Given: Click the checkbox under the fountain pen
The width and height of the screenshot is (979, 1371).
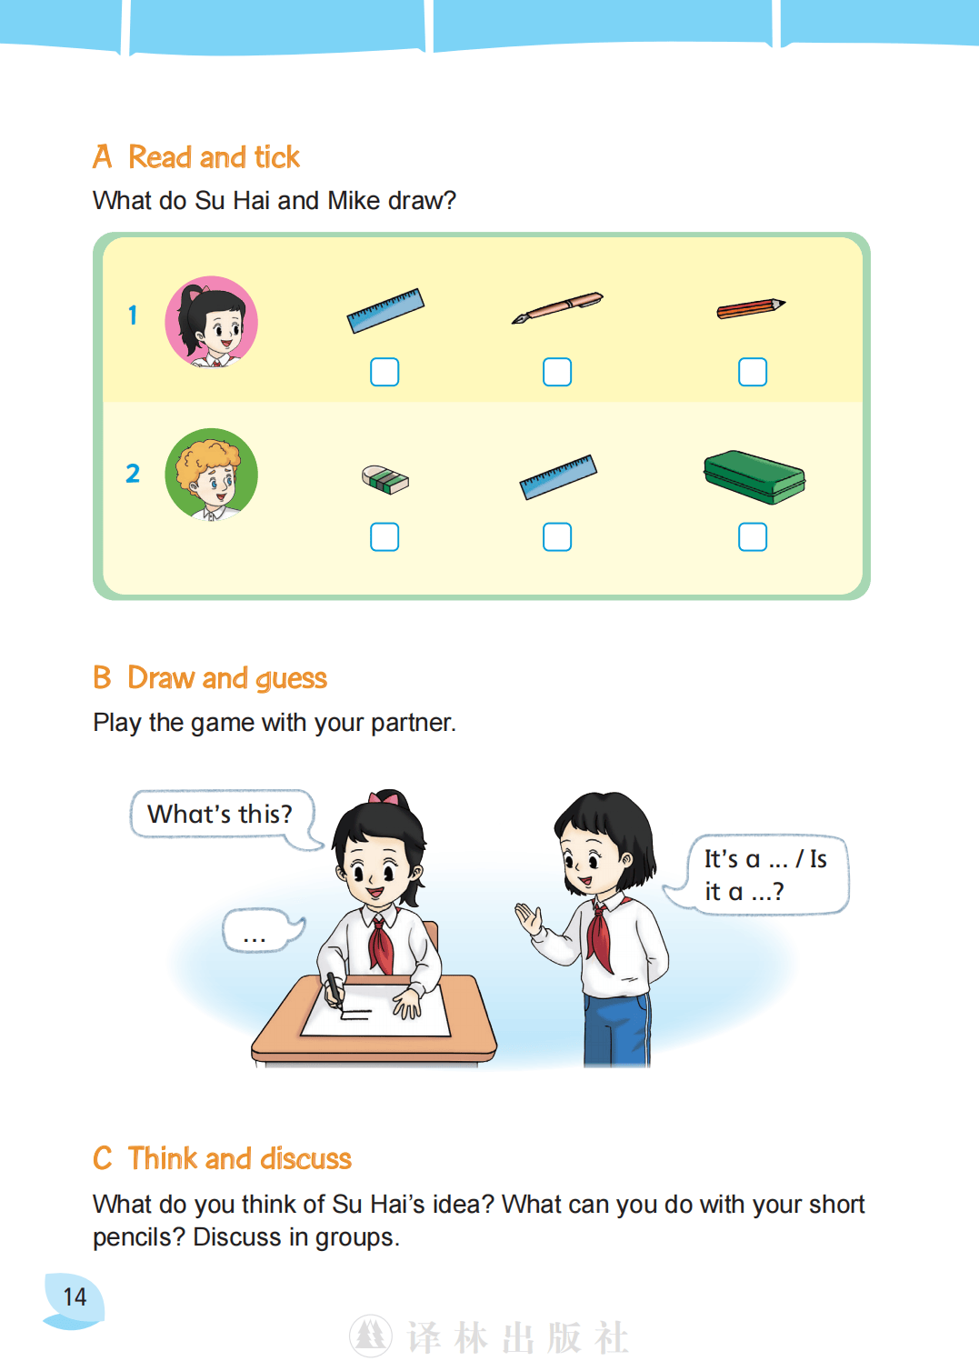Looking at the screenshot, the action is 557,372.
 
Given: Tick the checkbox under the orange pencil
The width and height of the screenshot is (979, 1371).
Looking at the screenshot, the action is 752,372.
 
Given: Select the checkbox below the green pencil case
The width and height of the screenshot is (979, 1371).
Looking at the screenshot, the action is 752,536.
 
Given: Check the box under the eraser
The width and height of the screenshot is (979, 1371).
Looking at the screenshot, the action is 385,536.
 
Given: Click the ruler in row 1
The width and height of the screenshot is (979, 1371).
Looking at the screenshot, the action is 385,310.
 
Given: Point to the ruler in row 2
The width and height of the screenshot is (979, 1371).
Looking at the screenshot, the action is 558,476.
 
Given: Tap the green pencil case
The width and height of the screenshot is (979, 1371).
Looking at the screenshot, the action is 754,477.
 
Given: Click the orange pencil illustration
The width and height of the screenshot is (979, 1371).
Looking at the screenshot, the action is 751,308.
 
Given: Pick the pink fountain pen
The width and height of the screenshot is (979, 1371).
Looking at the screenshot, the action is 557,308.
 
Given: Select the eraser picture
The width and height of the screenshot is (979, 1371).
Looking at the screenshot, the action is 385,480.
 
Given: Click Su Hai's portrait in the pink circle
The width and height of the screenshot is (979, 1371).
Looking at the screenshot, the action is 211,322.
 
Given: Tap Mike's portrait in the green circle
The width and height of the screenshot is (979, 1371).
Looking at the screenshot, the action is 211,475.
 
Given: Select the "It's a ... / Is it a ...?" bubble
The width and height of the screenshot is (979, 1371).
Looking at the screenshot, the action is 759,875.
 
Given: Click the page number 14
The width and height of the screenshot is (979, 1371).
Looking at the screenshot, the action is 75,1297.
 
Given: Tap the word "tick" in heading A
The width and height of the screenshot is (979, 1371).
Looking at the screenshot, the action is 277,157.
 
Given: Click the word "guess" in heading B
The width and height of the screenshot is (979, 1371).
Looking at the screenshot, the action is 291,679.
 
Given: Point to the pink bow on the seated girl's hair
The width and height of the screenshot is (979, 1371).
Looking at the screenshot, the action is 384,797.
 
